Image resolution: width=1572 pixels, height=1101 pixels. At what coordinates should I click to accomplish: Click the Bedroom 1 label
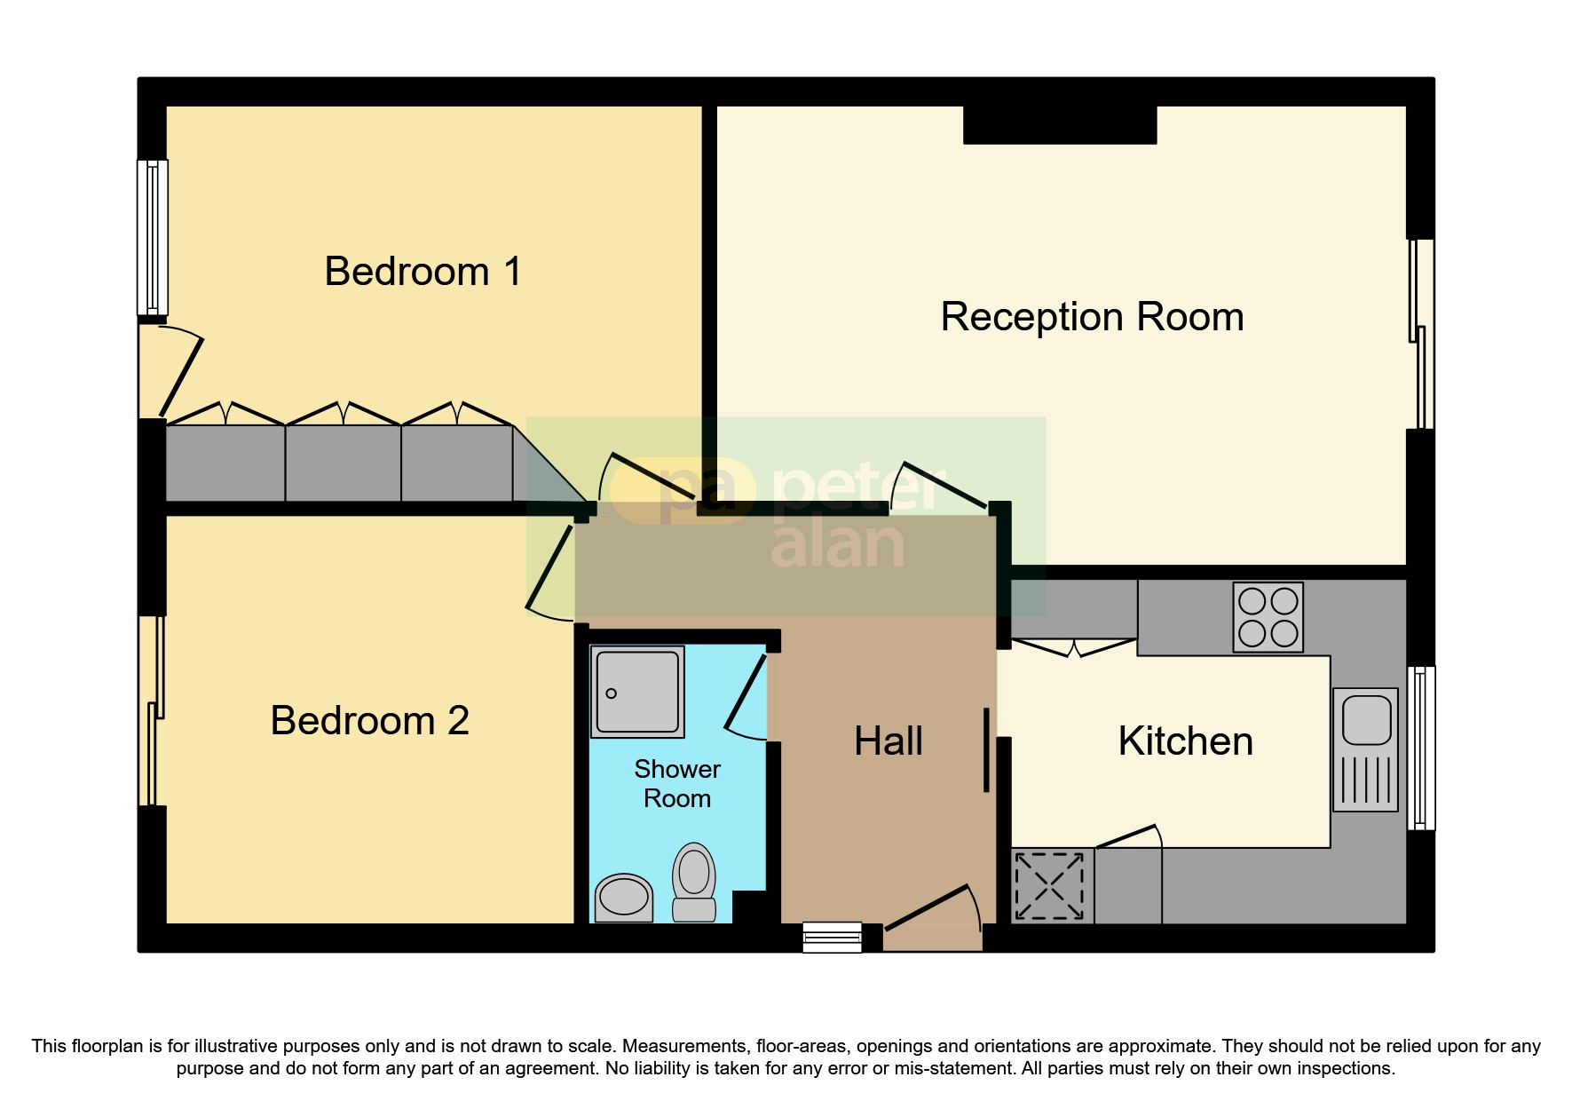click(x=423, y=272)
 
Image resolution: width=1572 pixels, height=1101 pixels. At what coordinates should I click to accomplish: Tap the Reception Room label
click(x=1092, y=317)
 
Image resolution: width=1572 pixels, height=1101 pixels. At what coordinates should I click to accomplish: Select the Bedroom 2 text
click(x=369, y=720)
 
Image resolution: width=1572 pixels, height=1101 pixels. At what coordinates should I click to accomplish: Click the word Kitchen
click(x=1185, y=741)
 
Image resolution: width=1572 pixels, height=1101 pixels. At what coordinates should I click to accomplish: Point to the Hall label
click(x=888, y=741)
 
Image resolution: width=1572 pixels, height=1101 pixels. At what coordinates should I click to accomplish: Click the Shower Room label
click(x=677, y=783)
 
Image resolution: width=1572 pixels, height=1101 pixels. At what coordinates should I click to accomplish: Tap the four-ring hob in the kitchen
click(x=1268, y=617)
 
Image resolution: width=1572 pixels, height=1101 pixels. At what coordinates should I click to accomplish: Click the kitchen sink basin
click(x=1366, y=720)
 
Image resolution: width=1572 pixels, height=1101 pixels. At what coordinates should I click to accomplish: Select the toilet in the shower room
click(x=694, y=882)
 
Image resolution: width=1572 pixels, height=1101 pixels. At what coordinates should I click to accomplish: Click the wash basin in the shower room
click(x=623, y=897)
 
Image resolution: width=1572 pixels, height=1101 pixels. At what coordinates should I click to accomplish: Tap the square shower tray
click(x=637, y=692)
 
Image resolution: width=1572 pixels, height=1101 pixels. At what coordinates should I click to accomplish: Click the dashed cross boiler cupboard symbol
click(x=1049, y=886)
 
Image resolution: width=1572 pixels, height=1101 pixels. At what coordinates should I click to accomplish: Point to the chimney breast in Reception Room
click(x=1060, y=125)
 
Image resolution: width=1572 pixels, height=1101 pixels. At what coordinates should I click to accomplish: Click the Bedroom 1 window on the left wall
click(x=152, y=238)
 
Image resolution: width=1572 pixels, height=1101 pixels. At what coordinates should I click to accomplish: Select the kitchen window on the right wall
click(x=1421, y=748)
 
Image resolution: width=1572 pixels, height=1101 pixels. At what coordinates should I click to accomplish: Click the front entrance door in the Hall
click(x=932, y=923)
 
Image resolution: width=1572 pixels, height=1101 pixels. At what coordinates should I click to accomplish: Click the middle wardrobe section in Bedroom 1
click(x=343, y=463)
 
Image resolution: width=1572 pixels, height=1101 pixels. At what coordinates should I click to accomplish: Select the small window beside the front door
click(x=832, y=938)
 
